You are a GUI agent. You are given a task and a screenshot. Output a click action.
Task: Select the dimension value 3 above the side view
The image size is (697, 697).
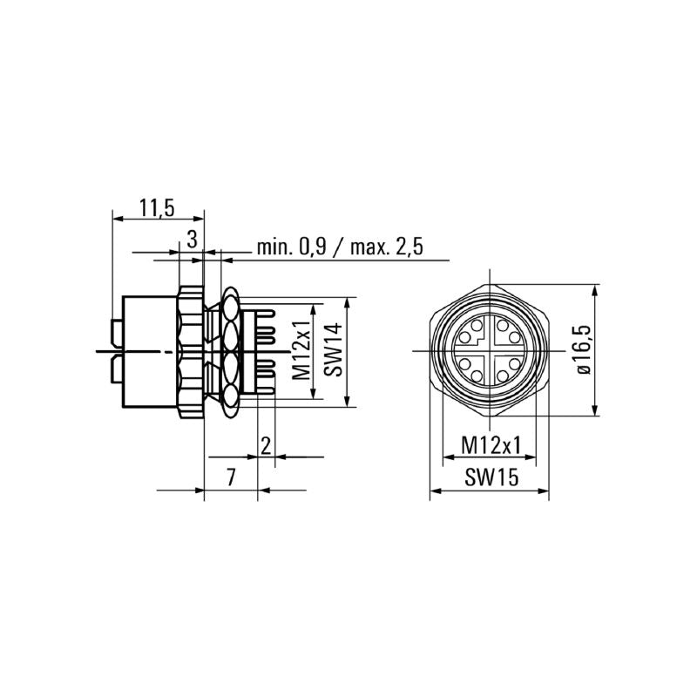pos(192,239)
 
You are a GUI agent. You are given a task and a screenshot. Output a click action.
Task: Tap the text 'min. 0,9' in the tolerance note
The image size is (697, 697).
pos(293,247)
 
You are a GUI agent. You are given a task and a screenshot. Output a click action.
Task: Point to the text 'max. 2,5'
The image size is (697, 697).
pos(386,247)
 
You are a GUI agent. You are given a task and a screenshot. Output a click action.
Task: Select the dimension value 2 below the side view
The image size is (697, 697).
pos(266,445)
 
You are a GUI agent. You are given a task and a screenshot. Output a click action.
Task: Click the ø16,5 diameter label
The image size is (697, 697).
pos(582,350)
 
